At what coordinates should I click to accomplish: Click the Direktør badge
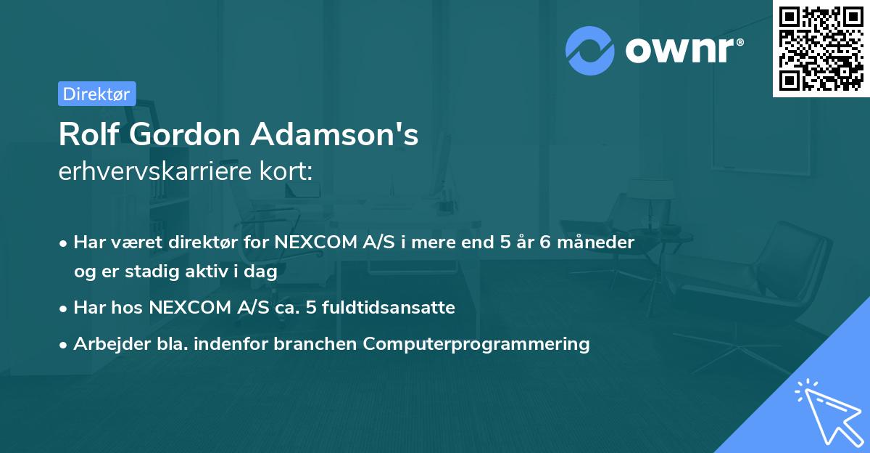tap(96, 94)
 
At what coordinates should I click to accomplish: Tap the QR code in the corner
tap(821, 48)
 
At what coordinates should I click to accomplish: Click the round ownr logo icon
tap(590, 51)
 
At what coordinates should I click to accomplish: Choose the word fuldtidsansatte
tap(396, 307)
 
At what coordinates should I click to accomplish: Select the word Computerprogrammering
tap(476, 343)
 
